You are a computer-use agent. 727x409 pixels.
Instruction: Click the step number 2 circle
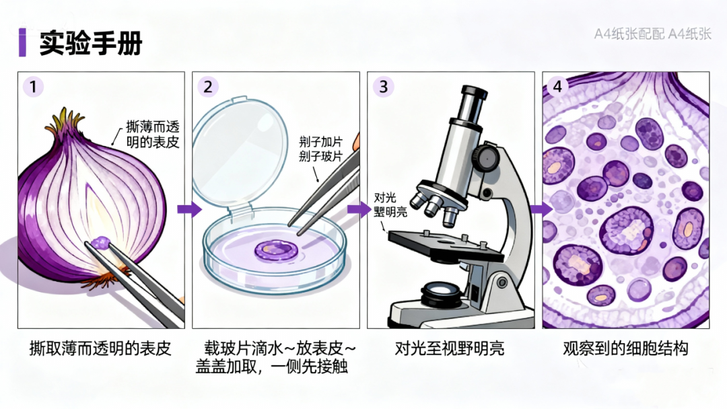coord(208,86)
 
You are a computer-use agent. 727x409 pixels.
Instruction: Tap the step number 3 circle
coord(383,86)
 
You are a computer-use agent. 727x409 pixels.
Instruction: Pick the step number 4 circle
coord(557,86)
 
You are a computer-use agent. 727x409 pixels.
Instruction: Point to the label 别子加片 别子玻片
coord(321,149)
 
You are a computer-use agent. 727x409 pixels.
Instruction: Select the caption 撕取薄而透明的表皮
coord(101,348)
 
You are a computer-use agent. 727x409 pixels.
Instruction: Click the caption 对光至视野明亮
coord(450,348)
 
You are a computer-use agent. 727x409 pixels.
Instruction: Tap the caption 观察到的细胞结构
coord(625,348)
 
